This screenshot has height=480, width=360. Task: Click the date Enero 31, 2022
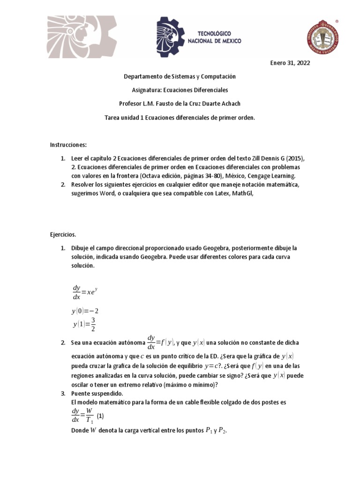click(x=291, y=63)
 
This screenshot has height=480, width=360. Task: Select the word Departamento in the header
click(x=143, y=76)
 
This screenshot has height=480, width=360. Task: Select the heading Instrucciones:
click(x=68, y=145)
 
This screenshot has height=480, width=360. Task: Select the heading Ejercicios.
click(x=63, y=234)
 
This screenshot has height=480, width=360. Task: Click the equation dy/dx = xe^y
click(x=84, y=292)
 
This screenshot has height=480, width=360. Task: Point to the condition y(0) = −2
click(x=85, y=311)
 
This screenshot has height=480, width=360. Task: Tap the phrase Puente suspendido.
click(x=97, y=393)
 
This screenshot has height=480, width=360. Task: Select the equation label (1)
click(x=100, y=416)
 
